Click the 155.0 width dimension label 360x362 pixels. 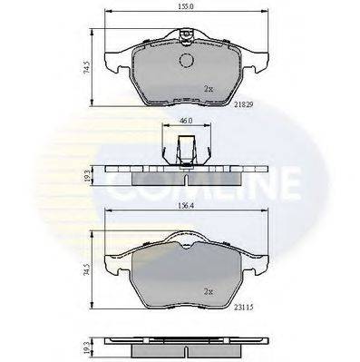pos(186,6)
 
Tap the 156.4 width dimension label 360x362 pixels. pos(186,206)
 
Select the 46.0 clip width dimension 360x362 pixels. pos(187,121)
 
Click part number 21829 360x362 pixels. pos(244,104)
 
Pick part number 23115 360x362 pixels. pos(244,308)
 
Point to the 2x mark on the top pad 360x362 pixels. pos(209,89)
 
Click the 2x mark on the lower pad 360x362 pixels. pos(209,292)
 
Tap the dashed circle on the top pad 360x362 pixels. pos(186,60)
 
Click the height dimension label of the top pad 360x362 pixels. pos(87,67)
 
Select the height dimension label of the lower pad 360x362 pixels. pos(87,269)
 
